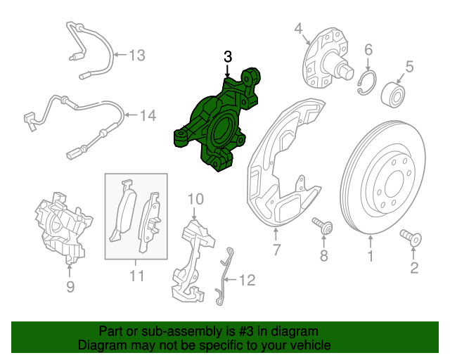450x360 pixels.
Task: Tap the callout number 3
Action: (227, 57)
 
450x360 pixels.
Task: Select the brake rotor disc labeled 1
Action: (383, 180)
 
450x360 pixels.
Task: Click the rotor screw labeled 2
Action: (411, 238)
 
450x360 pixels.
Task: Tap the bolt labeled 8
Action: (324, 226)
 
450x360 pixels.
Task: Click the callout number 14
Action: (147, 115)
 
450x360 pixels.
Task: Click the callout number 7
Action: (276, 250)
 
